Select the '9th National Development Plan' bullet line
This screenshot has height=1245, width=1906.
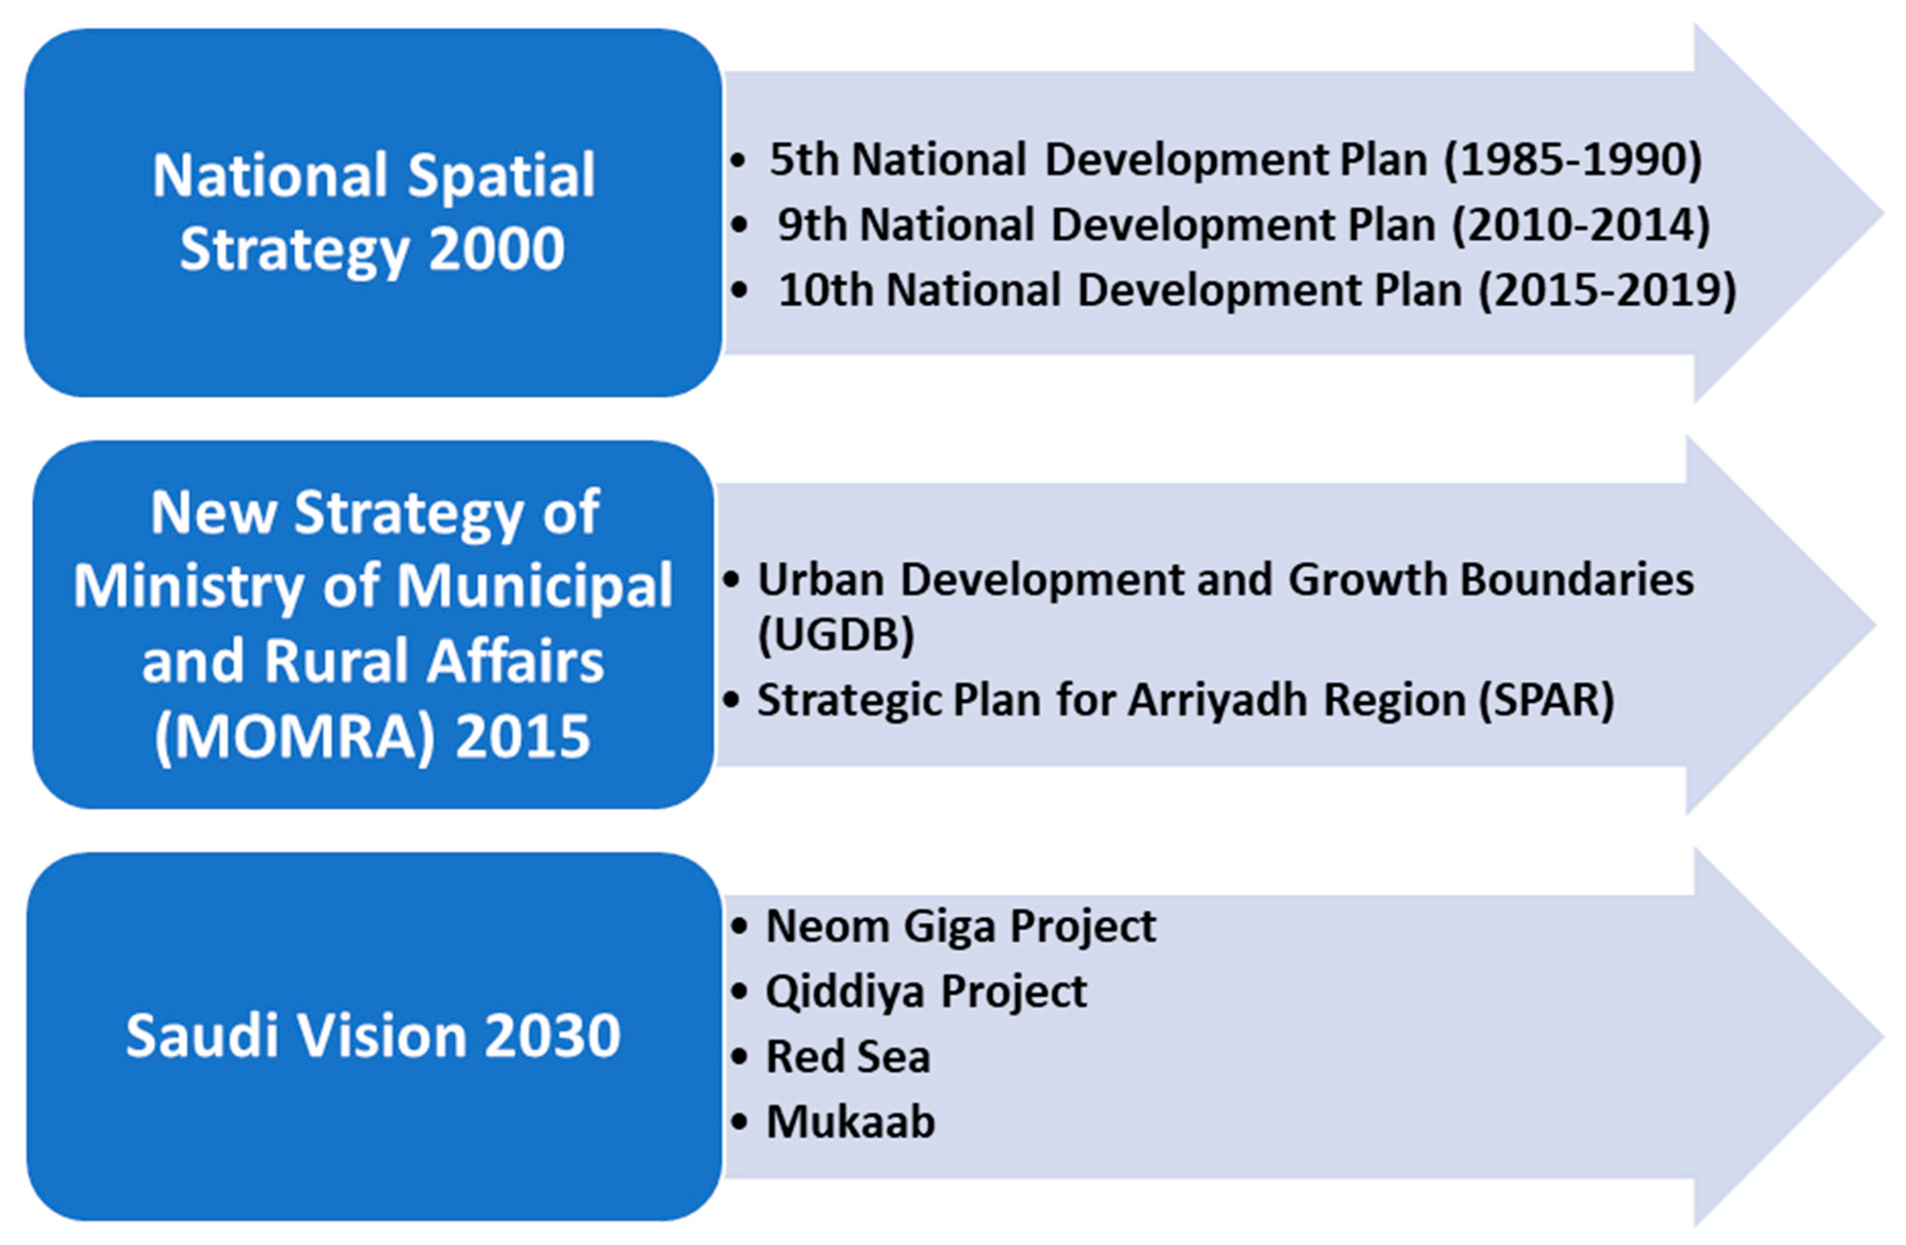pyautogui.click(x=1244, y=225)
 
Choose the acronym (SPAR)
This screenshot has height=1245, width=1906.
pyautogui.click(x=1546, y=701)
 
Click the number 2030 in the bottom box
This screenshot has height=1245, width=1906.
pyautogui.click(x=553, y=1036)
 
